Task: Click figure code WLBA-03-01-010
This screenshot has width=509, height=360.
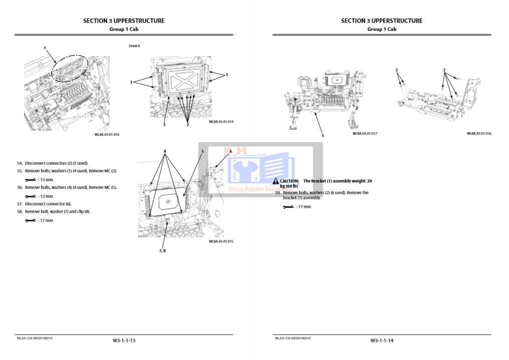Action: coord(107,135)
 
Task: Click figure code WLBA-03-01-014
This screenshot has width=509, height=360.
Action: coord(221,122)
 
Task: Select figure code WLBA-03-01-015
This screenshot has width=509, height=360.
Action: coord(221,241)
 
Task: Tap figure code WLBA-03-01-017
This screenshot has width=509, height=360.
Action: coord(365,134)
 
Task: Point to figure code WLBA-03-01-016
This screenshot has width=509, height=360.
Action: coord(479,134)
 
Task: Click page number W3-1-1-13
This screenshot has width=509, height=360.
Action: coord(124,340)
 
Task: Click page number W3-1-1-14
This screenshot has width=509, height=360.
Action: coord(382,340)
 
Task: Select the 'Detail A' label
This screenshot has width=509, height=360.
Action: coord(134,46)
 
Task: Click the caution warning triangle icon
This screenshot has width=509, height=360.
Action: coord(276,181)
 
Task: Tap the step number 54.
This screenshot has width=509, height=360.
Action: coord(20,163)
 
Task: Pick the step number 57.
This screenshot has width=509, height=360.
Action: coord(20,204)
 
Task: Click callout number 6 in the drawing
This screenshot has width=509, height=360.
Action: coord(230,151)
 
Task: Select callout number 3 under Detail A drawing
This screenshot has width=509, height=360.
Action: coord(164,125)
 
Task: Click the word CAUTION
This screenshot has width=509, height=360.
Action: coord(290,181)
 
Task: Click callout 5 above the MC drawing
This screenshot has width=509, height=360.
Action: coord(202,151)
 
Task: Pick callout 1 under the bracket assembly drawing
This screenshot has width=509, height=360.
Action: coord(323,136)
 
